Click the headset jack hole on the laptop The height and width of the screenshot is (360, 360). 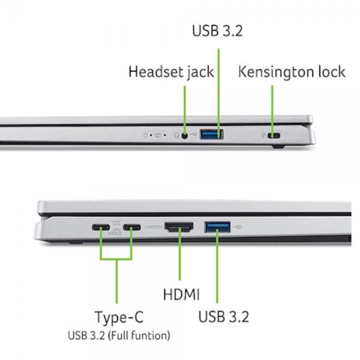tap(185, 136)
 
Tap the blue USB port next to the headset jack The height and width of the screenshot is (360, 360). tap(211, 134)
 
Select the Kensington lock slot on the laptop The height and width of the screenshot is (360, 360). tap(274, 136)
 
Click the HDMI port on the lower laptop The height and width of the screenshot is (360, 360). tap(179, 227)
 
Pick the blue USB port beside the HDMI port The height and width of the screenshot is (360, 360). tap(217, 227)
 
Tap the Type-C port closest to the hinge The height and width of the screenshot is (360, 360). tap(101, 227)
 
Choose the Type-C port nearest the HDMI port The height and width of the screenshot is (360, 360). tap(132, 227)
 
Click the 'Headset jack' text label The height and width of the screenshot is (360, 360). tap(171, 72)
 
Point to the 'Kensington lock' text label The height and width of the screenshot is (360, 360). tap(292, 72)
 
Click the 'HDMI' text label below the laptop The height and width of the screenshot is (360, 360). tap(181, 294)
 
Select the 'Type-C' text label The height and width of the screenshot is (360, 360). tap(119, 317)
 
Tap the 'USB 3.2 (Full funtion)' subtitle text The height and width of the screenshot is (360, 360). tap(119, 335)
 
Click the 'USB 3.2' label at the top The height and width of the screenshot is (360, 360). tap(217, 31)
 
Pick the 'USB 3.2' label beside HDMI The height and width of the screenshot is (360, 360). tap(223, 317)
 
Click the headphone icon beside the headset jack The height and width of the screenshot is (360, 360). tap(176, 136)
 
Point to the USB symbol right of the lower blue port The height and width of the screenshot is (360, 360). tap(238, 227)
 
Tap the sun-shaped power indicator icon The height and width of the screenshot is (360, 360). tap(145, 135)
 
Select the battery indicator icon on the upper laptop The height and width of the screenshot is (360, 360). tap(158, 135)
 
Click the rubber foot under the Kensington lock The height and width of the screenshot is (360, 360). tap(278, 146)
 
